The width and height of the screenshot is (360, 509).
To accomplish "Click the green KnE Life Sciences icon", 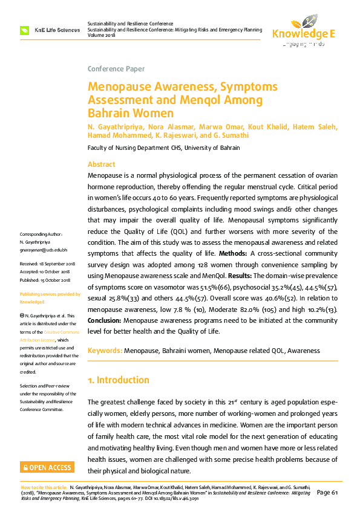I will click(24, 30).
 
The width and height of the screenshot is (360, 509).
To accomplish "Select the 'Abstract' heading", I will click(102, 164).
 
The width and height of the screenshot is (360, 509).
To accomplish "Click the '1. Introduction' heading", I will click(119, 380).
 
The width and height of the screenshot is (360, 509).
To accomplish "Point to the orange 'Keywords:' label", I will click(105, 351).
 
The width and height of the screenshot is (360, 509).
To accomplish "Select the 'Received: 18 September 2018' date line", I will click(48, 264).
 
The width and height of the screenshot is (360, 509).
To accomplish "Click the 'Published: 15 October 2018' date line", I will click(45, 280).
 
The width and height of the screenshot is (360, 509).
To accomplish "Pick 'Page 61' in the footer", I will click(327, 492).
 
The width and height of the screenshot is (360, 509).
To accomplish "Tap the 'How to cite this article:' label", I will click(44, 487).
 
